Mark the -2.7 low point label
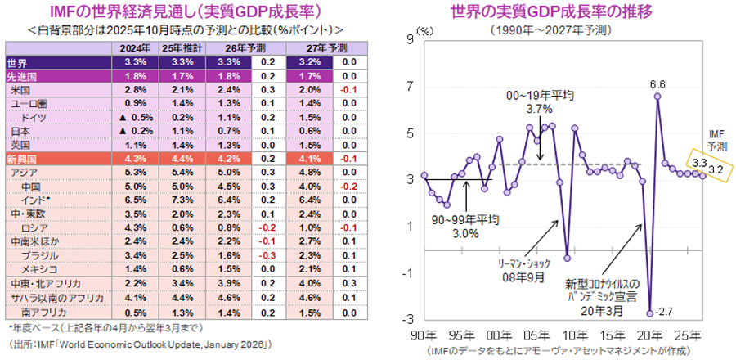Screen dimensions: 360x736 point(663,310)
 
